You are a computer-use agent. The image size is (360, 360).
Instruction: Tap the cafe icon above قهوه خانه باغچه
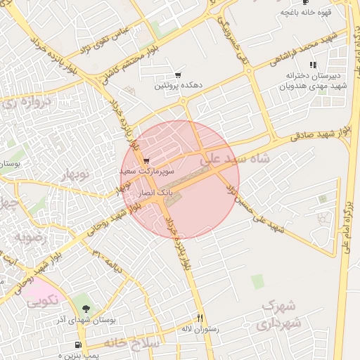(305, 3)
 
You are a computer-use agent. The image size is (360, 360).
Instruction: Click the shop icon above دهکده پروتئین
(179, 75)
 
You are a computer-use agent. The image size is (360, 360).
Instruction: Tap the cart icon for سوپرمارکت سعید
(146, 161)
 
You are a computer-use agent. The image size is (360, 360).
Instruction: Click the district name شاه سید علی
(235, 160)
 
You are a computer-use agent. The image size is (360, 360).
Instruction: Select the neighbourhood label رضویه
(27, 237)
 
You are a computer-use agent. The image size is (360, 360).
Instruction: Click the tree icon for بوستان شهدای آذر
(86, 308)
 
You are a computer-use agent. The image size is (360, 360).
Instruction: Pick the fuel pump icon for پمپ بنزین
(77, 345)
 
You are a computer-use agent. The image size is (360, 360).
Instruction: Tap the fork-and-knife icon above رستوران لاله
(200, 318)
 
